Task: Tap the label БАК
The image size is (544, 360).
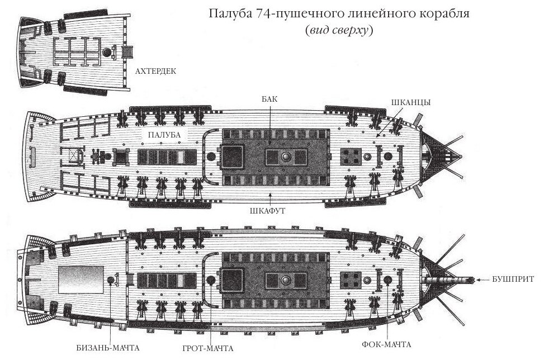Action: pos(269,99)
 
